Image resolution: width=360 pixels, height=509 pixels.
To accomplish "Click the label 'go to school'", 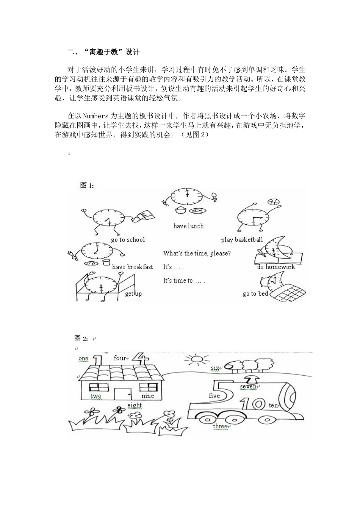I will point(128,240).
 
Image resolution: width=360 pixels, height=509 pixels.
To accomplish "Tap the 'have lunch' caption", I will point(188,226).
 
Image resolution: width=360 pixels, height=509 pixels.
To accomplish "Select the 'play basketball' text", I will point(242,240).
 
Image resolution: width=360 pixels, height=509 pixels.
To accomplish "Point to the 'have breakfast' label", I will point(132,267).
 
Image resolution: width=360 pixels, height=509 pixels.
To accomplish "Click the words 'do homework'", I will point(276,267).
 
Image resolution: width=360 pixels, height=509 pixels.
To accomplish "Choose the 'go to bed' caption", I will point(255,294).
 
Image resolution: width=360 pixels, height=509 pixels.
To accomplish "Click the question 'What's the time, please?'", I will point(197,253).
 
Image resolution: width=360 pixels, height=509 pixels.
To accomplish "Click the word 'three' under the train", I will point(220,426).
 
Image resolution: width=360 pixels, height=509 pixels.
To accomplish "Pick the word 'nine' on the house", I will point(148,396).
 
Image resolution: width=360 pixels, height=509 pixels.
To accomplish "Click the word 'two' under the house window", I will point(96,396).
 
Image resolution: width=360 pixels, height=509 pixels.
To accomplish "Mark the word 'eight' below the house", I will point(134,406).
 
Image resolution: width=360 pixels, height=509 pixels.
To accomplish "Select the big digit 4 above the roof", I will point(141,358).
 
